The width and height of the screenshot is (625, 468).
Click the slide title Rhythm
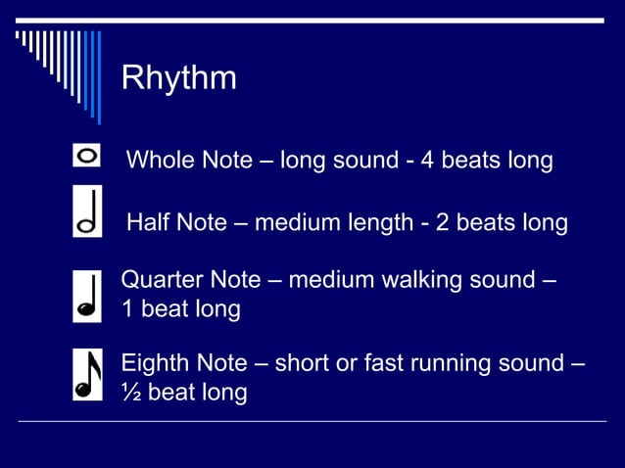[x=178, y=78]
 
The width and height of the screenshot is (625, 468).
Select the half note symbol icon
[x=87, y=211]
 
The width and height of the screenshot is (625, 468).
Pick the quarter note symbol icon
[x=87, y=297]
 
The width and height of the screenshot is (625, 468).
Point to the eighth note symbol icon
[x=87, y=375]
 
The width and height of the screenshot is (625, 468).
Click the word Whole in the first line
[x=161, y=160]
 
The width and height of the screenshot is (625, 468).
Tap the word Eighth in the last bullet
[x=157, y=363]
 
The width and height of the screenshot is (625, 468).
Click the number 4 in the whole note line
[x=427, y=160]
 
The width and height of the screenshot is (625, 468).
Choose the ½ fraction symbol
[x=129, y=393]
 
